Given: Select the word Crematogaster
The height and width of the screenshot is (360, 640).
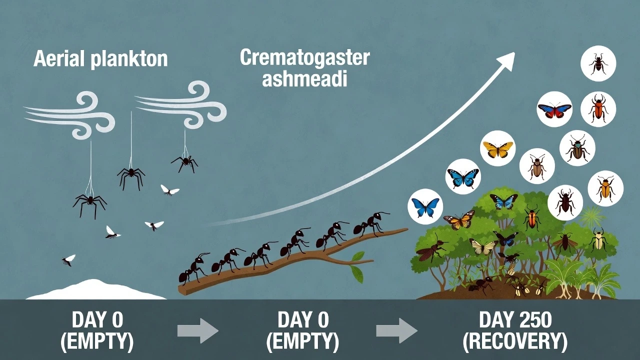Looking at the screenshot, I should pyautogui.click(x=304, y=58).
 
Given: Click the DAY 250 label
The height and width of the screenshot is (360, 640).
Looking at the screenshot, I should pyautogui.click(x=515, y=320).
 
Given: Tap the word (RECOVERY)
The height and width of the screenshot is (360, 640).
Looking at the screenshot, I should pyautogui.click(x=515, y=342).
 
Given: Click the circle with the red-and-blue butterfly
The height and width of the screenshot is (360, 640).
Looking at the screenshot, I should pyautogui.click(x=554, y=109).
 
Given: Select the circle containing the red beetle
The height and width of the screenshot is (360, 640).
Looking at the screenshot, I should pyautogui.click(x=598, y=108).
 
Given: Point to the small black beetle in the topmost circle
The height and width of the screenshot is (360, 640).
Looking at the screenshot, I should pyautogui.click(x=598, y=63).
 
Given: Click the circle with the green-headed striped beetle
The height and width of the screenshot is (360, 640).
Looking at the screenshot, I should pyautogui.click(x=577, y=148).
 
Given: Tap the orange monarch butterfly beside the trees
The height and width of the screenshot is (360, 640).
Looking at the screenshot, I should pyautogui.click(x=458, y=220).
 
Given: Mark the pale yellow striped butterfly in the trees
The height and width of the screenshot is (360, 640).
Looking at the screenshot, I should pyautogui.click(x=483, y=245).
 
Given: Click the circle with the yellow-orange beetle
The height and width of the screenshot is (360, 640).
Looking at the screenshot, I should pyautogui.click(x=605, y=188).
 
